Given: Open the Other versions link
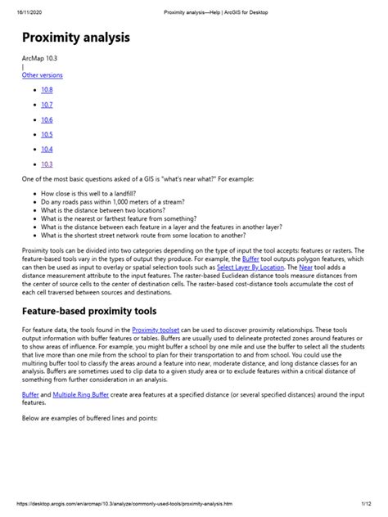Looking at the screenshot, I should coord(42,74).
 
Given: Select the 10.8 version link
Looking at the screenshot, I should coord(47,89).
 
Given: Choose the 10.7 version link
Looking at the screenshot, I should coord(47,104).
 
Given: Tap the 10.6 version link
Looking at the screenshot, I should coord(47,119).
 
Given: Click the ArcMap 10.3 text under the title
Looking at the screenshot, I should coord(40,59).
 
